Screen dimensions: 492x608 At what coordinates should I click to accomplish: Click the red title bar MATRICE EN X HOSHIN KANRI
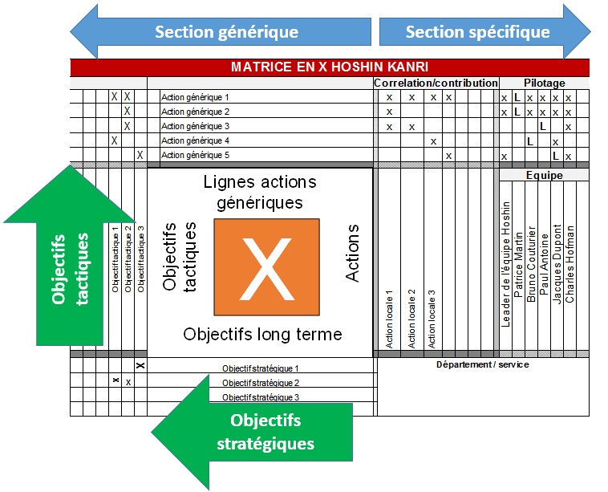[x=330, y=67]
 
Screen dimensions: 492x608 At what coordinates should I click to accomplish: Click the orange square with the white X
[x=266, y=266]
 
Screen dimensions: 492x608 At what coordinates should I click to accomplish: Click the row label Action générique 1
[x=195, y=98]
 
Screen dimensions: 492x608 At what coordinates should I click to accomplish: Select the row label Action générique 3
[x=195, y=127]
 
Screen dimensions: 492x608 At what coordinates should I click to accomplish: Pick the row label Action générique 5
[x=195, y=156]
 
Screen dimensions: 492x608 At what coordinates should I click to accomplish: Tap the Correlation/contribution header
[x=436, y=83]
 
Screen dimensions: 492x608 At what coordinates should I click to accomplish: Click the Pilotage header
[x=545, y=83]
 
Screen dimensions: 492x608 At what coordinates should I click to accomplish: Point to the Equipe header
[x=545, y=174]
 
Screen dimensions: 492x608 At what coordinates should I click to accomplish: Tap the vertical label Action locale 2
[x=411, y=317]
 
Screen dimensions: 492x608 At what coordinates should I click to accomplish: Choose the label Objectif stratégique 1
[x=261, y=368]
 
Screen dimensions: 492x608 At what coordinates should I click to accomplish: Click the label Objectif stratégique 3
[x=261, y=397]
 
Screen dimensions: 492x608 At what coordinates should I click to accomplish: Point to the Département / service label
[x=482, y=364]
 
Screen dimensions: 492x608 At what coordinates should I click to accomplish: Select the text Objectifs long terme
[x=262, y=334]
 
